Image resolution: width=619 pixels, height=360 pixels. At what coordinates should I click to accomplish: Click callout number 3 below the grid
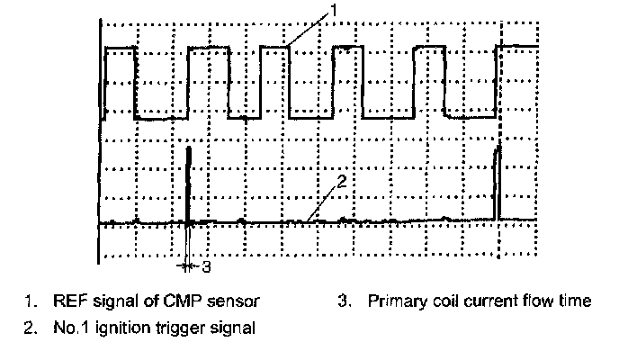pos(206,266)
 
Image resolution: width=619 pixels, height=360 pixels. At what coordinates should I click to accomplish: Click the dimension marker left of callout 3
pos(187,266)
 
